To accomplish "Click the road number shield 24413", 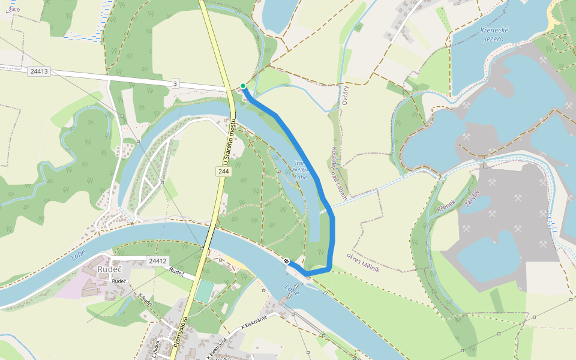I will tap(38, 71).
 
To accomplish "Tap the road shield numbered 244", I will tap(224, 172).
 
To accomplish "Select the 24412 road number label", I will tap(157, 260).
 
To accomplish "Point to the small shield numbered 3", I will tap(175, 84).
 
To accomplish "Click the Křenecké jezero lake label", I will tap(496, 34).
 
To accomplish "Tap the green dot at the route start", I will tap(243, 86).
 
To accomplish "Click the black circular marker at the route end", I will tap(287, 261).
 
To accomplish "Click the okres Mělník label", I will tap(363, 262).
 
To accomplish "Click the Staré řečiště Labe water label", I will tap(300, 170).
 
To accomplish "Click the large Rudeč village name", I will tap(110, 270).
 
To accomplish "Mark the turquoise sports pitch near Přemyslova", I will tap(204, 292).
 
